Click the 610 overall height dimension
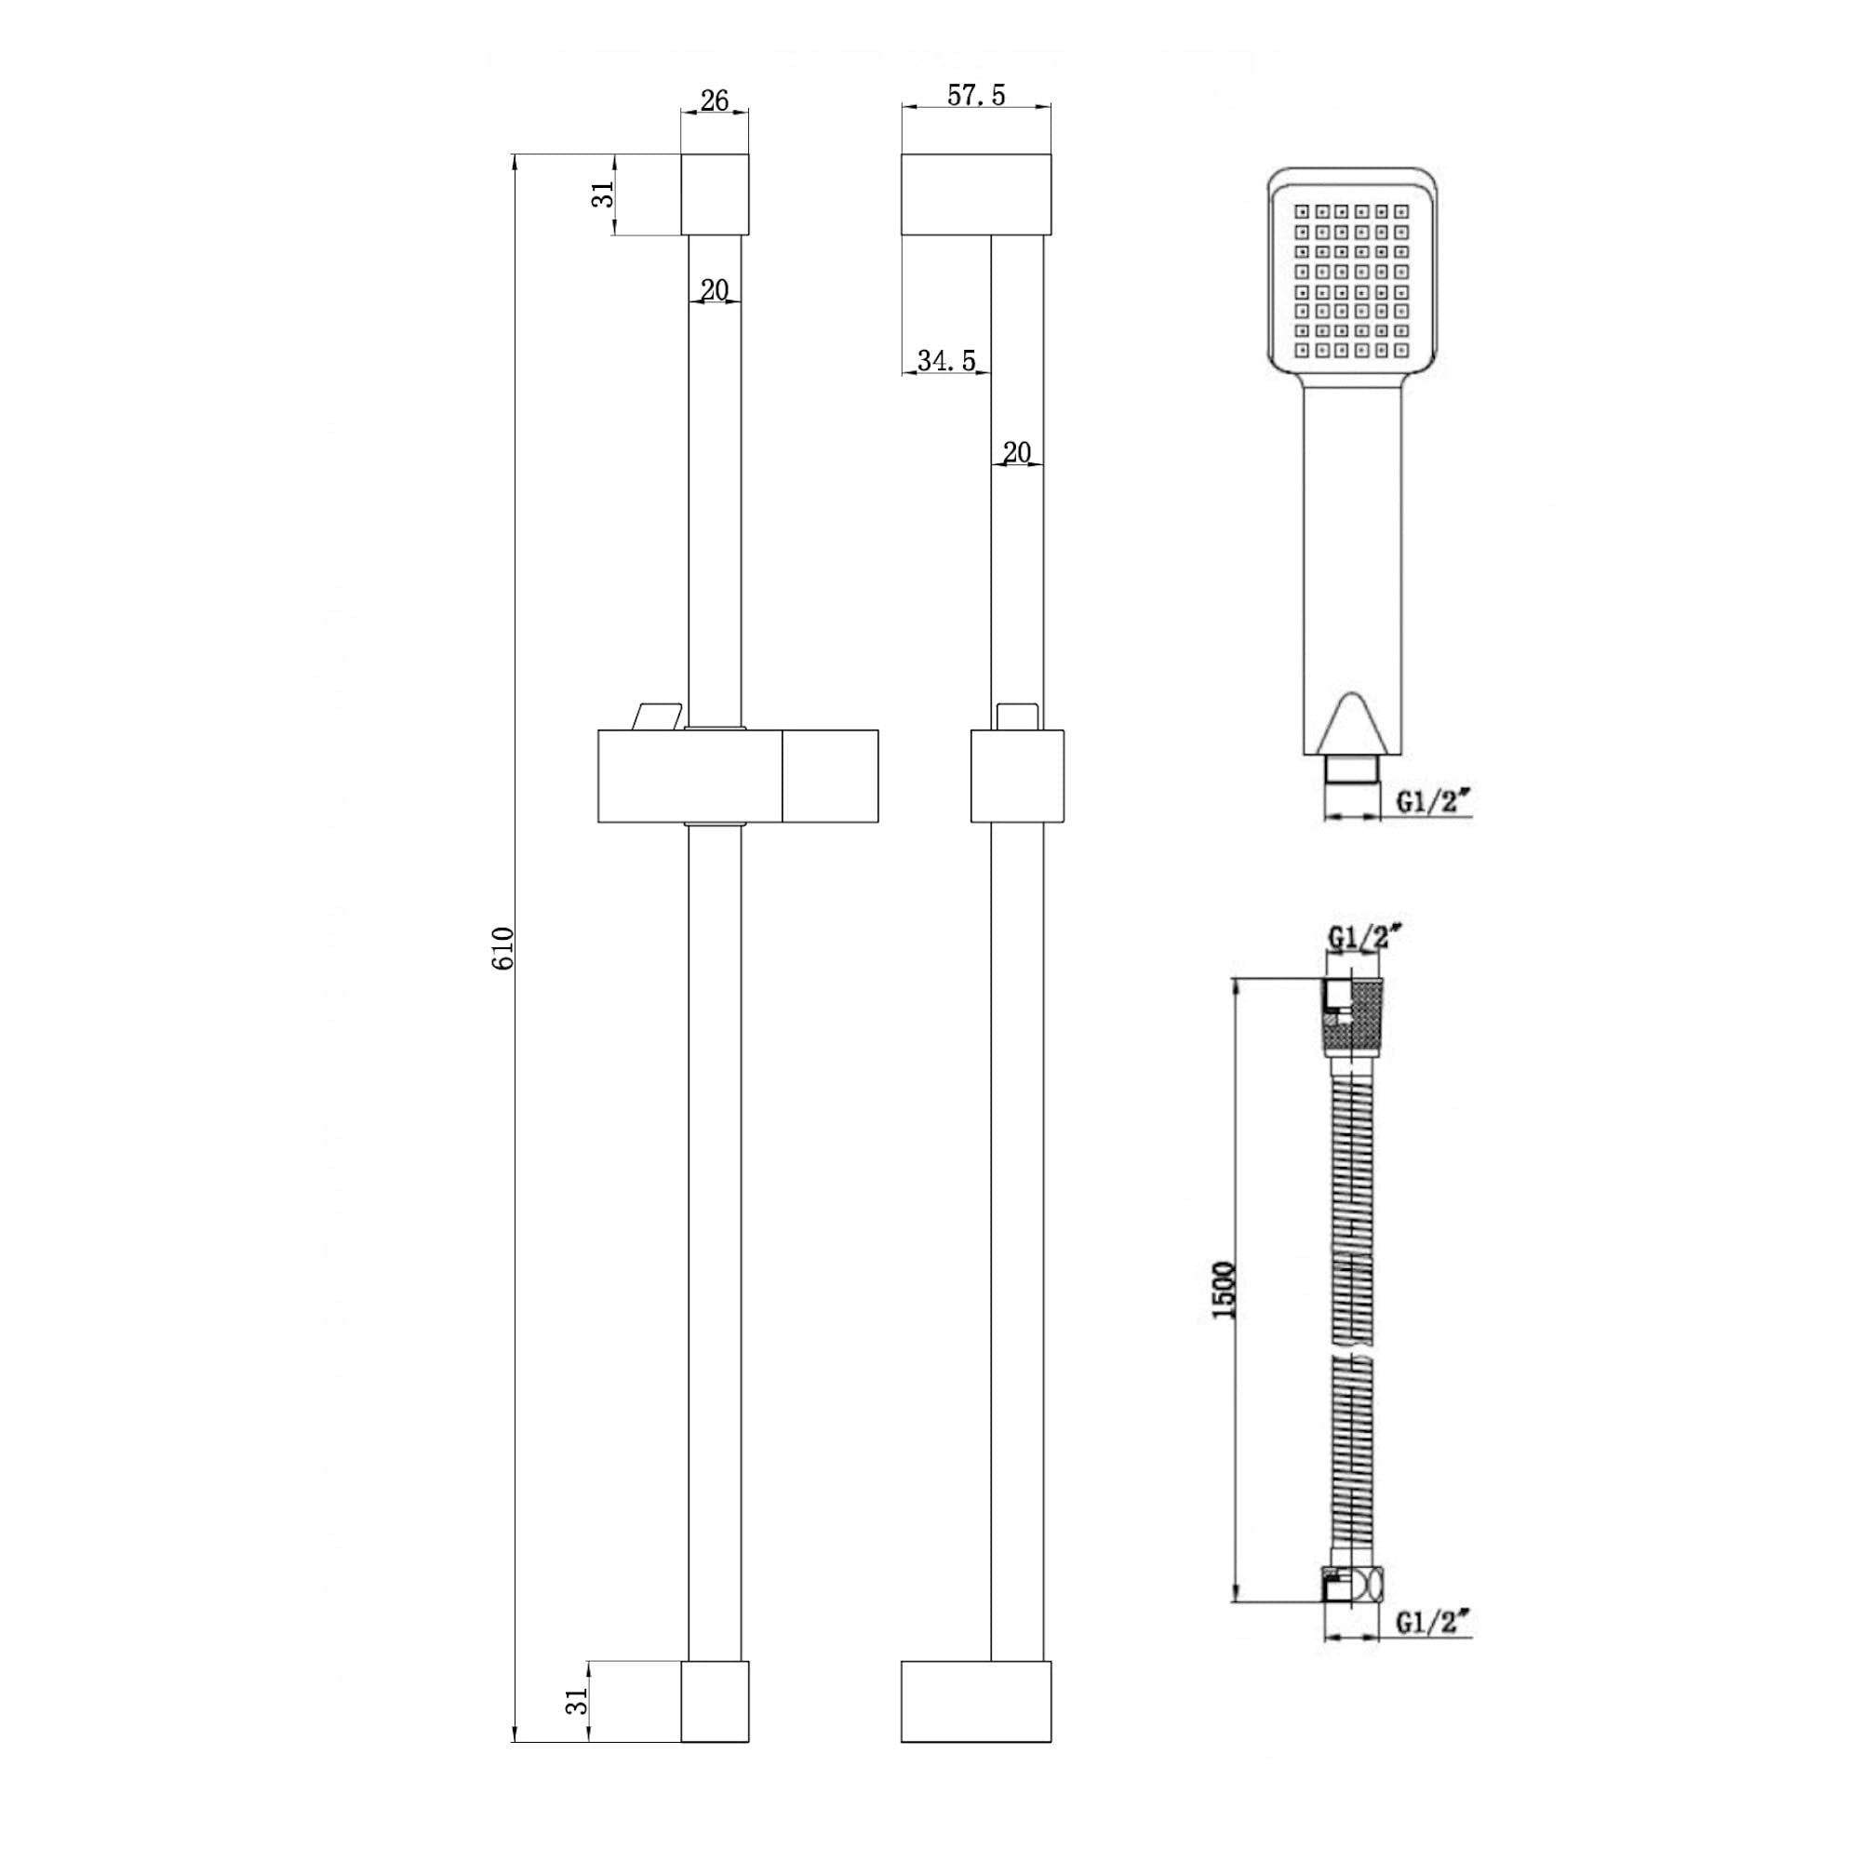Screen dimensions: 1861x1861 (x=503, y=948)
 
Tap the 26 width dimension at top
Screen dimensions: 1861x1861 (x=714, y=100)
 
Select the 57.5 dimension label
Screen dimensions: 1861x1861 (x=976, y=94)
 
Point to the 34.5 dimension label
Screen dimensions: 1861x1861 (x=946, y=360)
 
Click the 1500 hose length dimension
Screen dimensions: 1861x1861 (x=1224, y=1291)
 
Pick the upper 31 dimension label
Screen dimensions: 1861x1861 (x=603, y=194)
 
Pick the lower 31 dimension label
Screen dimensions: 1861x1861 (x=576, y=1701)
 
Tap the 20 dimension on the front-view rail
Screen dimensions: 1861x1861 (x=715, y=289)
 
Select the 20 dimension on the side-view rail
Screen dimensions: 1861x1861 (x=1016, y=452)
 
